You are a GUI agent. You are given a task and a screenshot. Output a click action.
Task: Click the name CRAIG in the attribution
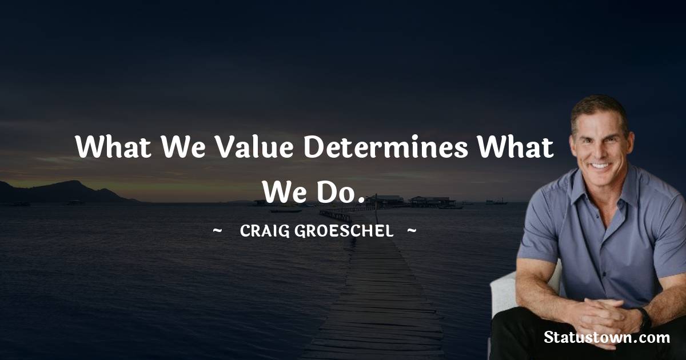point(262,231)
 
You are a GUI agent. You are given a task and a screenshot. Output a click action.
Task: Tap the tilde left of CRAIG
point(217,231)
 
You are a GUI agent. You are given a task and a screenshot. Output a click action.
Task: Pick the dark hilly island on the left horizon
point(63,191)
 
